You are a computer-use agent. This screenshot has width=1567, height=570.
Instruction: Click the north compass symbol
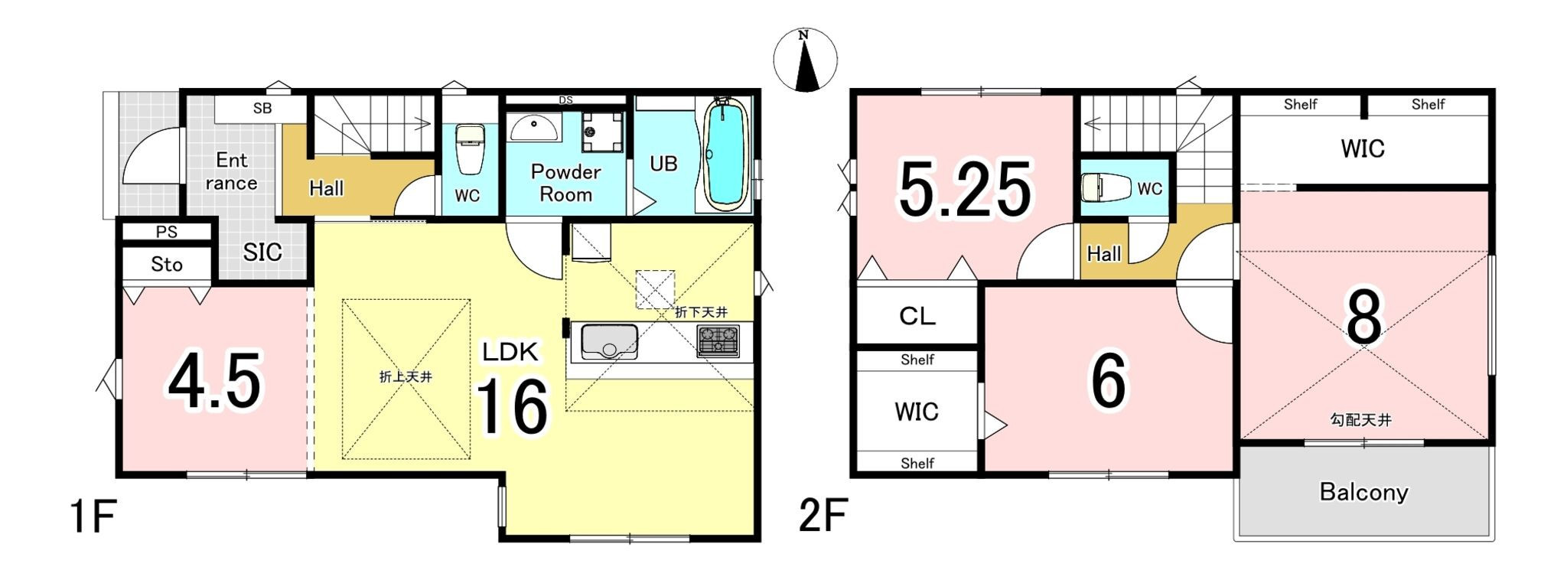pos(804,60)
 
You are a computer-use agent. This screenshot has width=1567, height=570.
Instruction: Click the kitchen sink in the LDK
pos(609,341)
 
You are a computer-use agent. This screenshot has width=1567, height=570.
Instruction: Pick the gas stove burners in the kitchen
pos(718,340)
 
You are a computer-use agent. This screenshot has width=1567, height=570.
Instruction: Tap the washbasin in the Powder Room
pos(534,128)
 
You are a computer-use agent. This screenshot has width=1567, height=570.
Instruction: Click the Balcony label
pos(1363,492)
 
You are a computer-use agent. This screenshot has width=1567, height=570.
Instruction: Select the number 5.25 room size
pos(965,189)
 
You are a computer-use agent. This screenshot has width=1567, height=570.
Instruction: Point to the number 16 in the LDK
pos(512,407)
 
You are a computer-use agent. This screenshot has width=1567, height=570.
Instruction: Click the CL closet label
pos(917,316)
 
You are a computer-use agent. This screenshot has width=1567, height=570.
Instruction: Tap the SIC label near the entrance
pos(262,252)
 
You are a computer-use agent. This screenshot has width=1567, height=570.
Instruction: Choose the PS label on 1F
pos(167,232)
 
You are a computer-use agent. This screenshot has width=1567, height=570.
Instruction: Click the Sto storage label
pos(167,265)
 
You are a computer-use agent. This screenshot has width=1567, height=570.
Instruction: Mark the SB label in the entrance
pos(262,109)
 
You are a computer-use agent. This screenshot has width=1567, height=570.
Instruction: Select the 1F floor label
pos(93,516)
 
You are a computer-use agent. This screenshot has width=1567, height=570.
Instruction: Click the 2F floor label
pos(823,516)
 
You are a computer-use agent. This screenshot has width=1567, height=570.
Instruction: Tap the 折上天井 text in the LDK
pos(406,377)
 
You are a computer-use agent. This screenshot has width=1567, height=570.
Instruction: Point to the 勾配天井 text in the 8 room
pos(1361,420)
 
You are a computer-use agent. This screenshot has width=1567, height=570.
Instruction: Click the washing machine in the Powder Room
pos(602,132)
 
